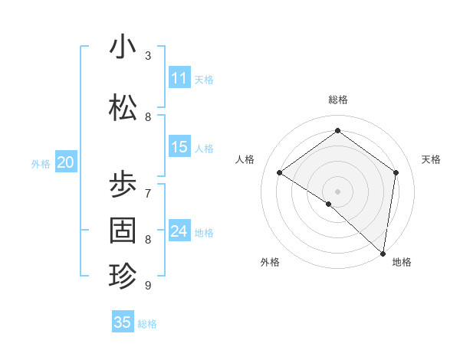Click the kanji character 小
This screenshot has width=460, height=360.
(123, 47)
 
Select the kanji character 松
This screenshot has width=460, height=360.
(123, 108)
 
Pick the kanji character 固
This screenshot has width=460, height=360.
(123, 230)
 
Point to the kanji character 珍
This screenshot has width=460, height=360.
(123, 275)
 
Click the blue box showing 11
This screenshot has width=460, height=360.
(179, 78)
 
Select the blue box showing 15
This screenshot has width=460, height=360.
(179, 147)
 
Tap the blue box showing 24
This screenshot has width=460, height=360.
(179, 231)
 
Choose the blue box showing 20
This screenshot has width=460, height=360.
(66, 162)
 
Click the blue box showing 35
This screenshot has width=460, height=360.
(123, 322)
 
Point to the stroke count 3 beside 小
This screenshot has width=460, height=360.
(148, 55)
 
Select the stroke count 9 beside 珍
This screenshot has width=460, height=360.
(148, 286)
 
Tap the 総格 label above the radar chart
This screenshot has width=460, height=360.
(337, 100)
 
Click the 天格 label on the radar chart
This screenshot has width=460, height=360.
(432, 159)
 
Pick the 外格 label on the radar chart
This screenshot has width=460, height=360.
(270, 262)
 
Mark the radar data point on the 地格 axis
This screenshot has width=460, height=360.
(383, 253)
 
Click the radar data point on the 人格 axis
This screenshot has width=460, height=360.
(280, 173)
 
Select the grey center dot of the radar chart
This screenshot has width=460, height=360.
(337, 191)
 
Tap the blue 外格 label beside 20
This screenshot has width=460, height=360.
(41, 163)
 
